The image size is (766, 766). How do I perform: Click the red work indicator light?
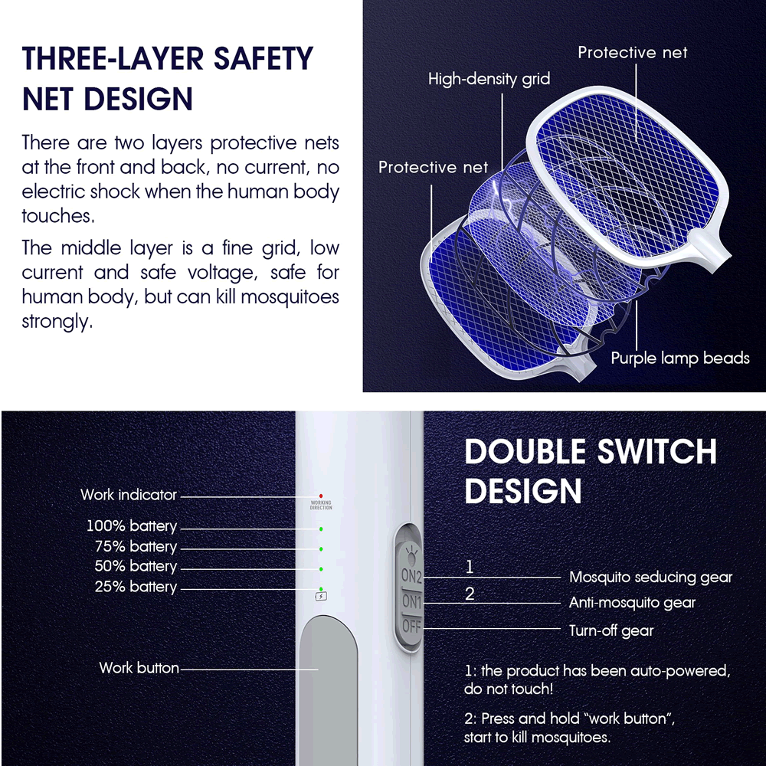(x=321, y=496)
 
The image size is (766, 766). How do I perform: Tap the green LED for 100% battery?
(x=321, y=529)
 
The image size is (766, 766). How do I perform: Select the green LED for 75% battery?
(x=321, y=549)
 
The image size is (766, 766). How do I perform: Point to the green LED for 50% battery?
(x=321, y=569)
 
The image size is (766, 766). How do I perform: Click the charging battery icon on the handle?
(x=321, y=596)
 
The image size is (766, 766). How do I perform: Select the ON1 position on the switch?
(x=411, y=601)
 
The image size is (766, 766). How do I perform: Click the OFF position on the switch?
(x=411, y=626)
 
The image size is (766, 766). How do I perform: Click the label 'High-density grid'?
(x=489, y=79)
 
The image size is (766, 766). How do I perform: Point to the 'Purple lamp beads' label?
(x=680, y=358)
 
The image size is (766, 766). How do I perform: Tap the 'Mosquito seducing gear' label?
(x=650, y=577)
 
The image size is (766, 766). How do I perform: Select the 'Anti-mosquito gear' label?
(x=632, y=602)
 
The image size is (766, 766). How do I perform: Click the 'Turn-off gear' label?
(x=611, y=630)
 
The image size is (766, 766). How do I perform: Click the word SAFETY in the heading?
(x=264, y=59)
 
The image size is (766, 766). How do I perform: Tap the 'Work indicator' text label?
(x=129, y=494)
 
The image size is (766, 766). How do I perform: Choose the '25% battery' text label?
(x=136, y=586)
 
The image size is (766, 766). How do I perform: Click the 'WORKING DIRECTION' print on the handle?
(x=321, y=505)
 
